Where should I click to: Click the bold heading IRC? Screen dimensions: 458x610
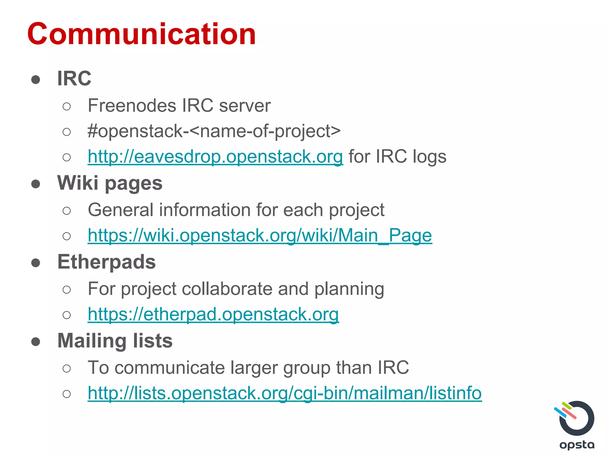click(x=74, y=78)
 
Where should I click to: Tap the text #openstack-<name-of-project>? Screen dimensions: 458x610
click(x=214, y=131)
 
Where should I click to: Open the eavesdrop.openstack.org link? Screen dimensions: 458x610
click(x=215, y=157)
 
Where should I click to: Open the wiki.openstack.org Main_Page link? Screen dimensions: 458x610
click(x=259, y=236)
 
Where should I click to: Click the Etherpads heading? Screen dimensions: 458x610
click(x=106, y=262)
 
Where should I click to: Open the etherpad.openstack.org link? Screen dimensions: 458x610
click(x=213, y=314)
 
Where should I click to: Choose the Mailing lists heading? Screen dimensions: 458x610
click(x=115, y=341)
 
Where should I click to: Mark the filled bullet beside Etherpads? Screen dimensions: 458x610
click(x=36, y=262)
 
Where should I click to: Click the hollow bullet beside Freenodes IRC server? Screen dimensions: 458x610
click(x=67, y=106)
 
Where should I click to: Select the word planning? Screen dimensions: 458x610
click(x=349, y=289)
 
